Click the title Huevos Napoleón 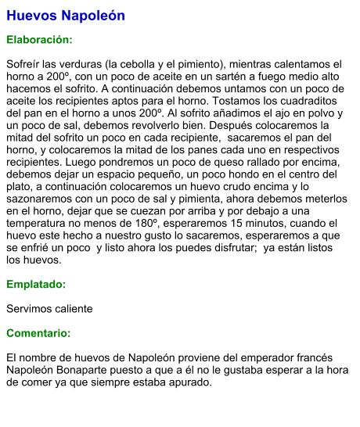(65, 16)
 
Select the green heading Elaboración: (39, 39)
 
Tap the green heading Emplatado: (36, 285)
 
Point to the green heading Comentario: (38, 333)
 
